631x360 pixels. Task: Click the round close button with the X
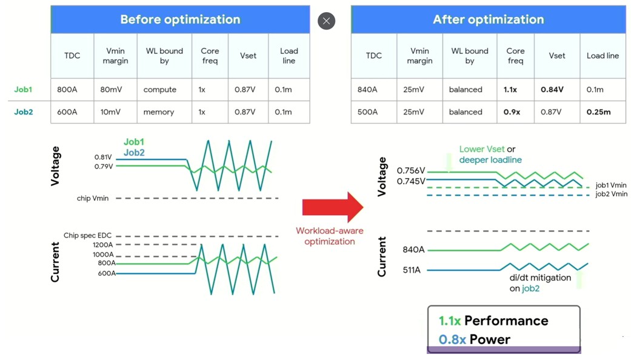326,21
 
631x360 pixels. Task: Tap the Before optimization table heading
180,19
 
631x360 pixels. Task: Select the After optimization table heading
488,19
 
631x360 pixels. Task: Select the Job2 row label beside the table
24,112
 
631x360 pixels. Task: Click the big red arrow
333,207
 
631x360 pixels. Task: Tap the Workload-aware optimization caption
330,236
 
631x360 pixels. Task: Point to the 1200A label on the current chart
103,245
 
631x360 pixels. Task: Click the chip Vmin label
93,198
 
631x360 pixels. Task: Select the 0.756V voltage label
411,170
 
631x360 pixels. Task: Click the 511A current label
412,270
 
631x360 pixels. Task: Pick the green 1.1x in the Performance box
450,321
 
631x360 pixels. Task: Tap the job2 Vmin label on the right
611,194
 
